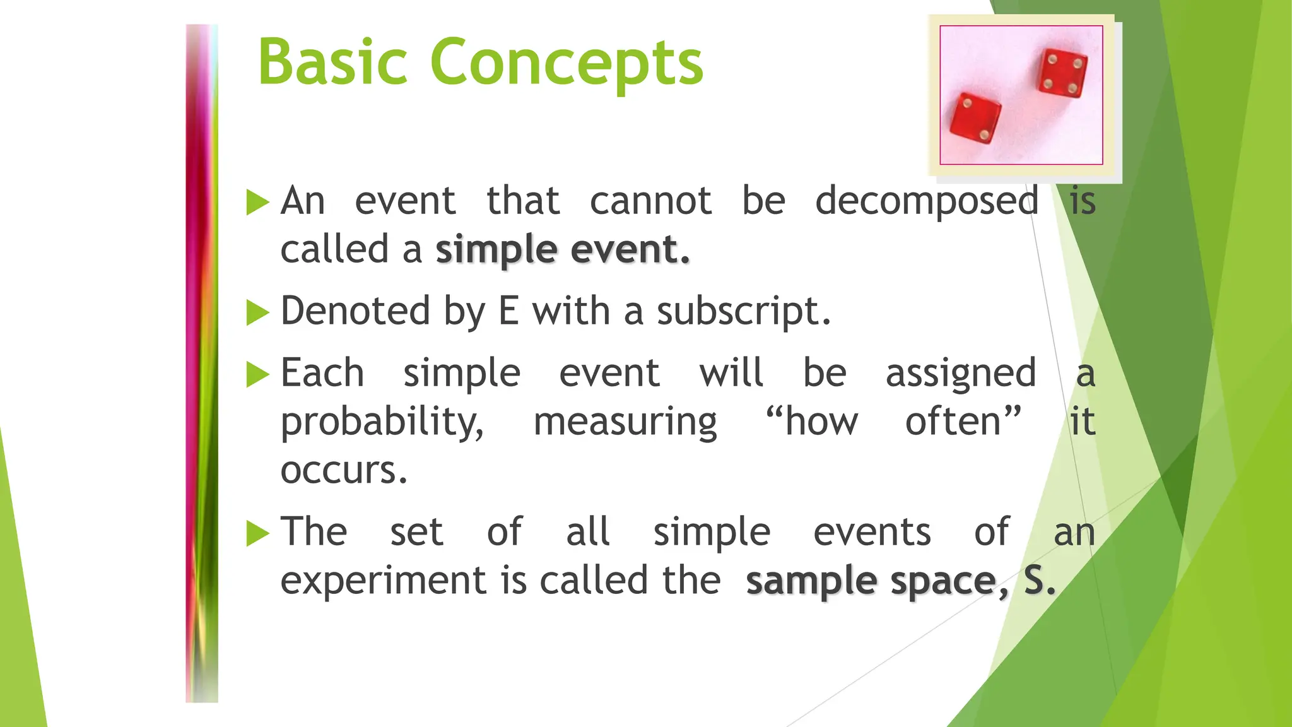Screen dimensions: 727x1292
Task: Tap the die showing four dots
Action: [1063, 73]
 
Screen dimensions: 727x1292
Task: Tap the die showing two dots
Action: [975, 120]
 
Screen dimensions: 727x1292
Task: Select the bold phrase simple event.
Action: [562, 250]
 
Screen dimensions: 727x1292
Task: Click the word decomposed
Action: [927, 202]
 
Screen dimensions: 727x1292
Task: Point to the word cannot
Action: [650, 202]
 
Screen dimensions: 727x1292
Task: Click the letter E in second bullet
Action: [509, 312]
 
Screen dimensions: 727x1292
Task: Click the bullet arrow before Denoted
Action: [257, 312]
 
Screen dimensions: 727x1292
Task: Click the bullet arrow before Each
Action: [257, 374]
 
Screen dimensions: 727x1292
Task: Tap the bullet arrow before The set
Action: [257, 533]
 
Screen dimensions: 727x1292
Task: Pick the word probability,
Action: [382, 423]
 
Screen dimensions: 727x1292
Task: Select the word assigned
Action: [960, 374]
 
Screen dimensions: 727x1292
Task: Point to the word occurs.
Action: [344, 471]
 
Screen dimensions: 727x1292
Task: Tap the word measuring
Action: [625, 423]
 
